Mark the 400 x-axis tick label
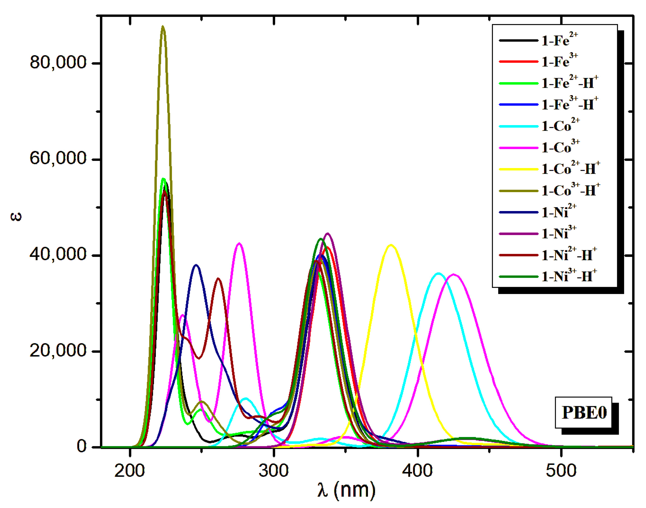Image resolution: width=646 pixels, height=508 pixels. pyautogui.click(x=418, y=471)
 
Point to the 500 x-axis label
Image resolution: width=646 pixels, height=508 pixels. pyautogui.click(x=561, y=471)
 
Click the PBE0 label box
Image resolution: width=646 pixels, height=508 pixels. pyautogui.click(x=583, y=412)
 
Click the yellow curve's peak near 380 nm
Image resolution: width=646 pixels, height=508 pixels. pyautogui.click(x=391, y=245)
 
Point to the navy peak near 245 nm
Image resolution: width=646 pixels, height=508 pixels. pyautogui.click(x=196, y=265)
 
